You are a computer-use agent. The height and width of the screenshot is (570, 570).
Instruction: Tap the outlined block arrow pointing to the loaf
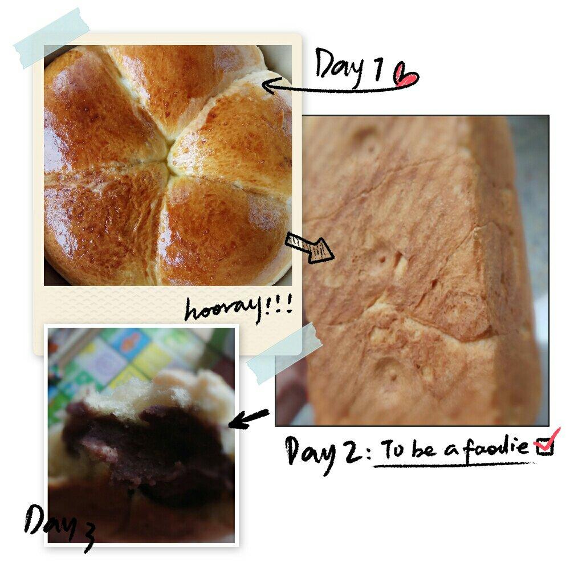[x=310, y=247]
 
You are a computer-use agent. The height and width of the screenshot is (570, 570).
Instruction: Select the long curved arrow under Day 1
[x=338, y=89]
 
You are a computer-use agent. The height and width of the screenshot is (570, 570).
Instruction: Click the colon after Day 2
[x=368, y=452]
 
